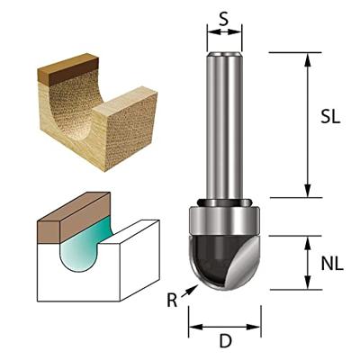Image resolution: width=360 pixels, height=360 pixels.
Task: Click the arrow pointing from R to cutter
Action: click(x=189, y=291)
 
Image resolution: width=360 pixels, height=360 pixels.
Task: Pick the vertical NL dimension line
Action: click(x=308, y=263)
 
